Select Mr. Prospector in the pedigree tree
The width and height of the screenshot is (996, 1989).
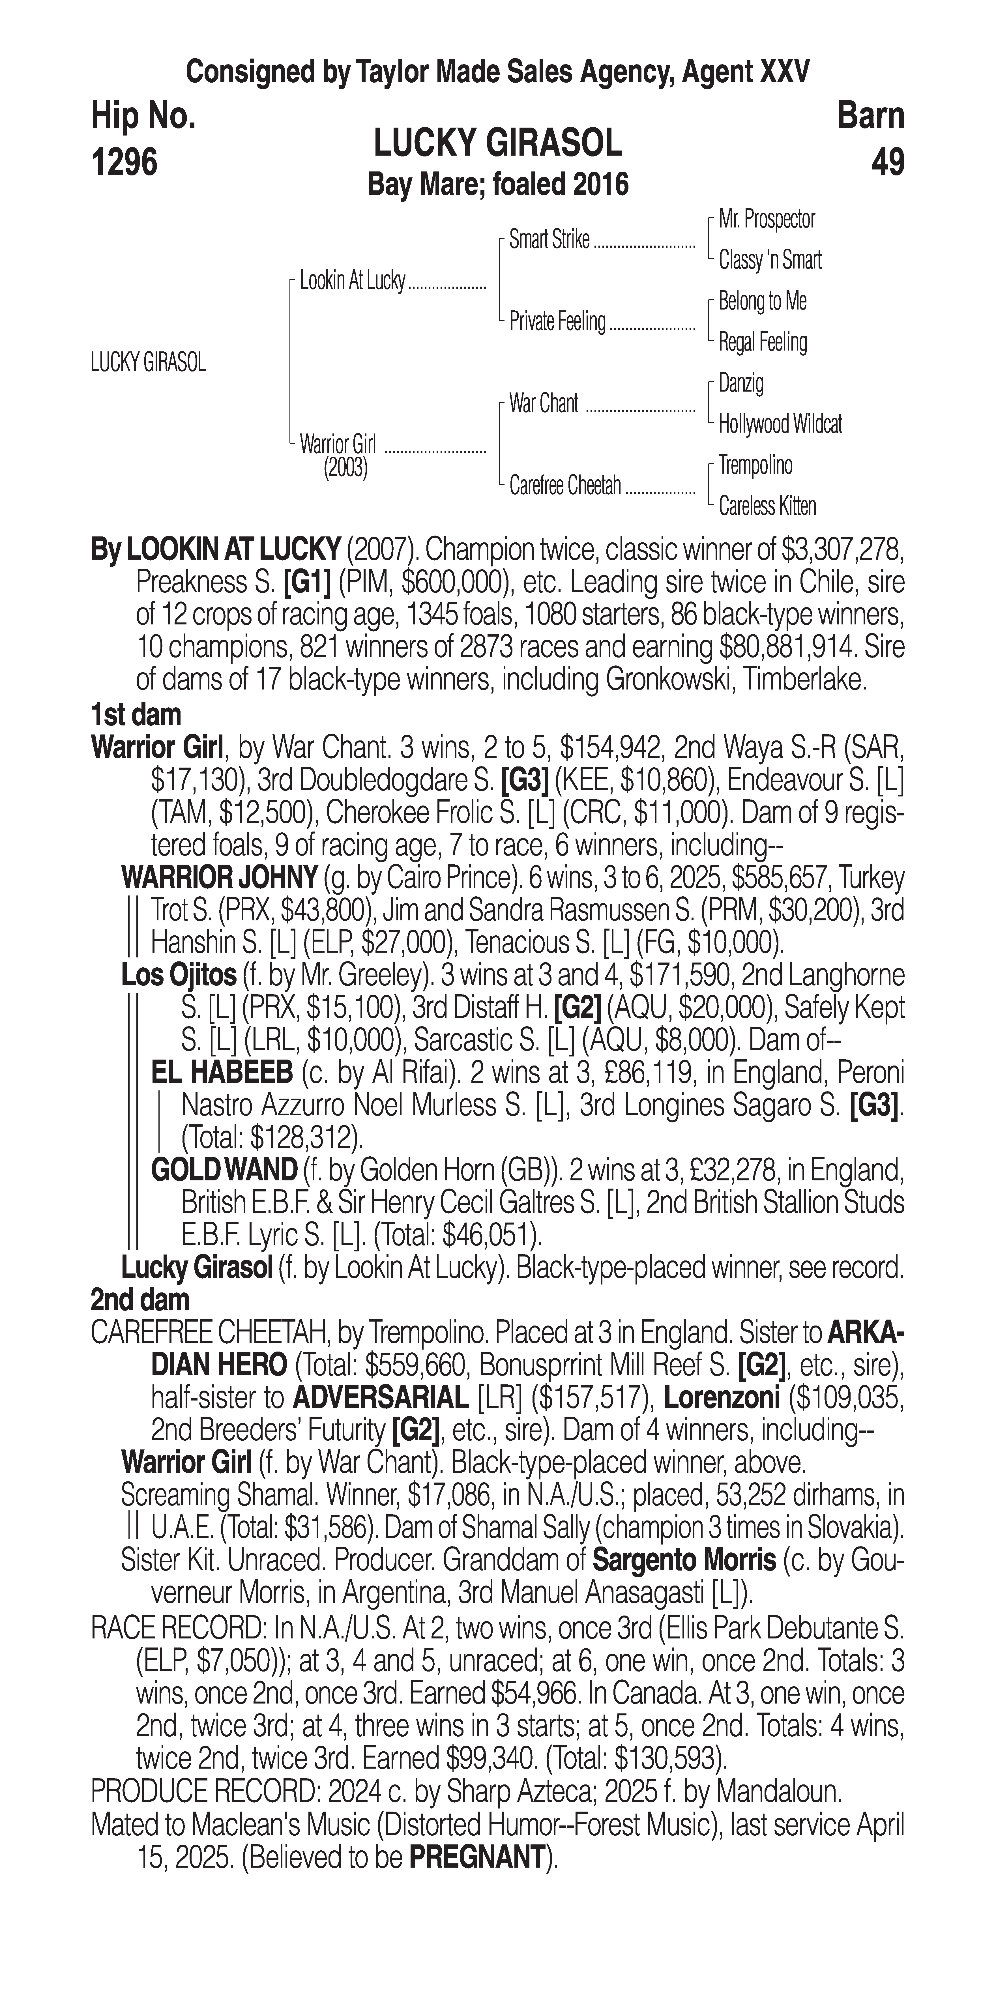[x=767, y=219]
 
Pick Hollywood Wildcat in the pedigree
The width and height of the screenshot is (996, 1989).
[x=780, y=424]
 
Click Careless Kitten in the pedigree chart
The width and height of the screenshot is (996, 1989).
[x=767, y=506]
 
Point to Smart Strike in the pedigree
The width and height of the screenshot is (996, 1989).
[x=549, y=240]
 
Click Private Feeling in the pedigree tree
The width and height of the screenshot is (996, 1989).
[x=557, y=322]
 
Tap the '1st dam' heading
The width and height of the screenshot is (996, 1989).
[x=136, y=715]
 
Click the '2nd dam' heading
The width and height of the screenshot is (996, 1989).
[x=140, y=1300]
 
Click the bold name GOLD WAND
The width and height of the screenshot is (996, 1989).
[x=224, y=1170]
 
